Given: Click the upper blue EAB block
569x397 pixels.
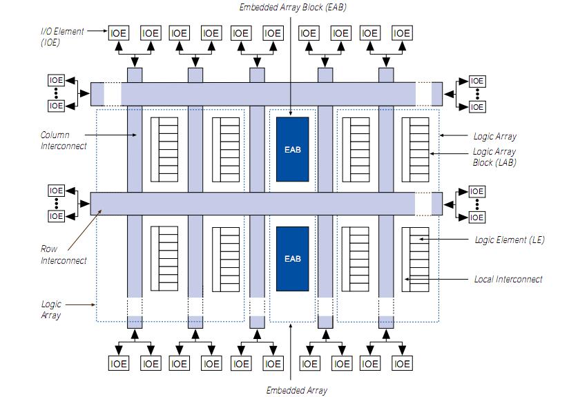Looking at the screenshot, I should pyautogui.click(x=292, y=149).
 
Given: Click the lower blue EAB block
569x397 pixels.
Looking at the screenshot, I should pyautogui.click(x=292, y=258).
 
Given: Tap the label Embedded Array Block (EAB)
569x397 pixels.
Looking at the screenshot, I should pyautogui.click(x=292, y=8).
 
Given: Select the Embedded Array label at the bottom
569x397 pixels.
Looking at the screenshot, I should pyautogui.click(x=297, y=390).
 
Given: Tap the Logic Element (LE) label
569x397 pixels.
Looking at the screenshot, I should pyautogui.click(x=510, y=240).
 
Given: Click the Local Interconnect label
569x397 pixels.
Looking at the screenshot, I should pyautogui.click(x=508, y=279).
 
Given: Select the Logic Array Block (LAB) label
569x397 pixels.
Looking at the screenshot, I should pyautogui.click(x=494, y=157).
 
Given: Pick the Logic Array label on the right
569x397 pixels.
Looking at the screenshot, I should pyautogui.click(x=494, y=137).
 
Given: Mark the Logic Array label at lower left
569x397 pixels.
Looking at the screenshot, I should pyautogui.click(x=51, y=309).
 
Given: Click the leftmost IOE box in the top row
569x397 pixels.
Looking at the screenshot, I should pyautogui.click(x=119, y=32).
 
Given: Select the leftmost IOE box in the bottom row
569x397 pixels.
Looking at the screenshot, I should pyautogui.click(x=119, y=363).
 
